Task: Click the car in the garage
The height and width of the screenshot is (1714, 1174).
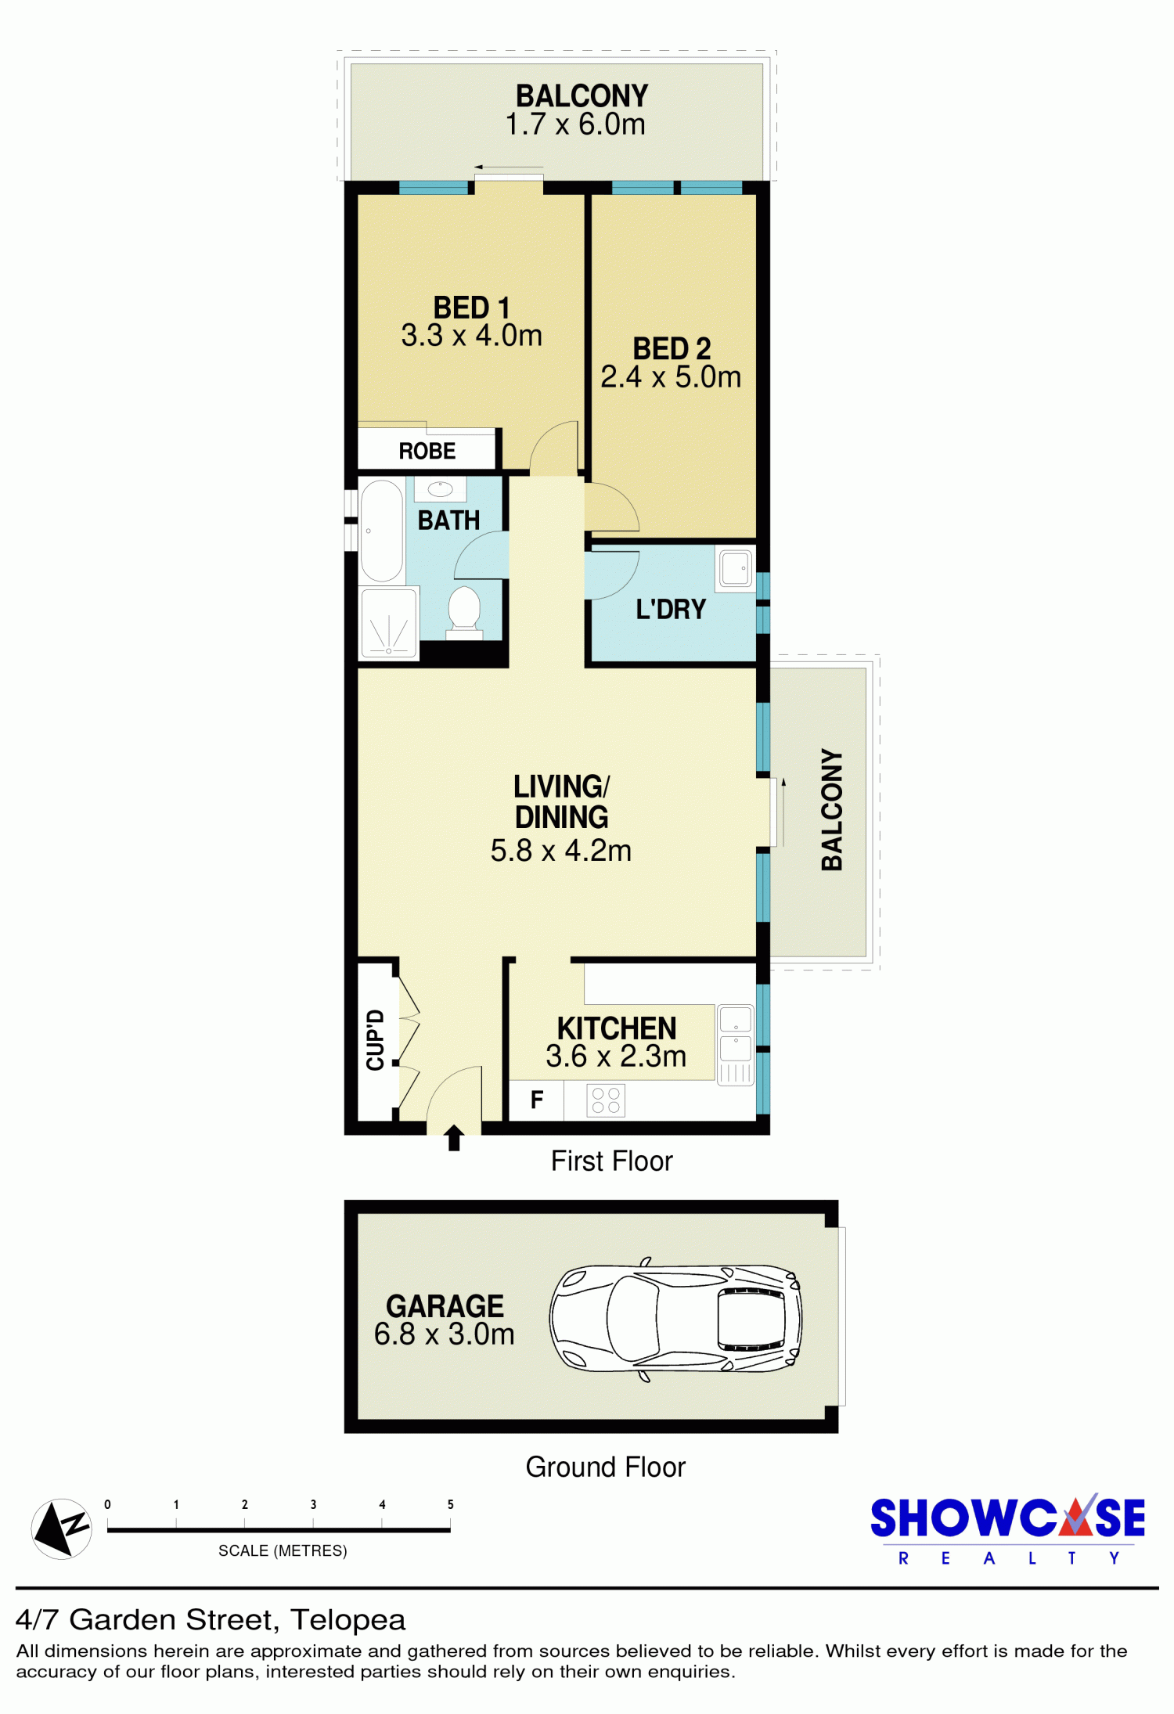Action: coord(675,1319)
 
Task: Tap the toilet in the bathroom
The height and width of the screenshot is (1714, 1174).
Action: coord(464,611)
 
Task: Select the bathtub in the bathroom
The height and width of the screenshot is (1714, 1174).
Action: coord(382,531)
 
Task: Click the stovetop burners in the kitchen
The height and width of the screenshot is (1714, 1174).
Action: coord(606,1100)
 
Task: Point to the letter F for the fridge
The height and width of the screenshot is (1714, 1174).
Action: coord(537,1100)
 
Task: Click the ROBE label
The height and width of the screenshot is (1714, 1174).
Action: coord(427,451)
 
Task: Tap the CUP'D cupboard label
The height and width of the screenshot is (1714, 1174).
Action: coord(376,1040)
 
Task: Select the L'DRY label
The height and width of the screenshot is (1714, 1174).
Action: coord(671,609)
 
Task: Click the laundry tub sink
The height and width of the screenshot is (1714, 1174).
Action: coord(736,568)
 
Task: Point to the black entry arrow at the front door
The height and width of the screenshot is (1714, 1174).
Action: coord(454,1137)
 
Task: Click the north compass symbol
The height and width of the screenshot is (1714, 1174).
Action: coord(61,1529)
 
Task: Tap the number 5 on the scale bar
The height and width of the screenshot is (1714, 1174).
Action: coord(451,1504)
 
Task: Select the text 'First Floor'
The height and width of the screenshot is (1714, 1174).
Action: coord(611,1161)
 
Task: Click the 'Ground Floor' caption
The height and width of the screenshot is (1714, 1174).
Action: coord(605,1467)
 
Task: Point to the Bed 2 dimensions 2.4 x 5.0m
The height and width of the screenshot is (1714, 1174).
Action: coord(671,377)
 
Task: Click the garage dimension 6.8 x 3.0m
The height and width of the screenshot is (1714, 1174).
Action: coord(444,1334)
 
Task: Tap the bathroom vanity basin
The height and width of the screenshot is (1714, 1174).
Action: coord(440,489)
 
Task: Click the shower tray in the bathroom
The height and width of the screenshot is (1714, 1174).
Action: coord(389,625)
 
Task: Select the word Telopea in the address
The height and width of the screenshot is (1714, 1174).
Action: coord(348,1620)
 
